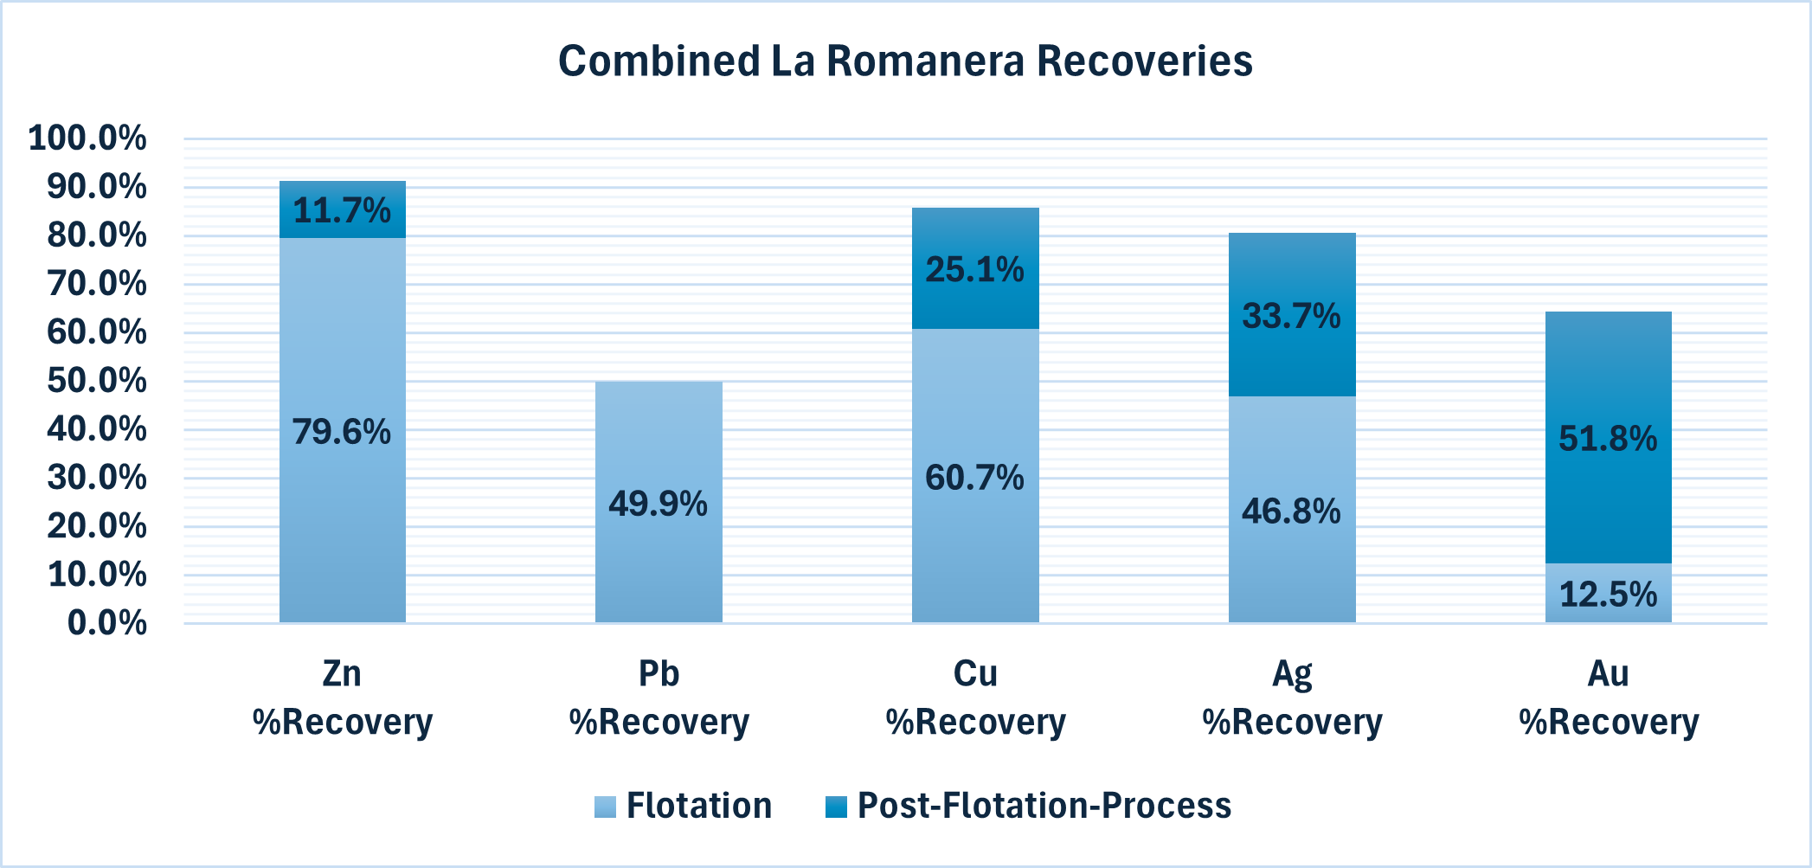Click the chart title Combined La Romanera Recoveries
point(905,61)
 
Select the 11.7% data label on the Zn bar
point(342,210)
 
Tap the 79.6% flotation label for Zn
point(342,431)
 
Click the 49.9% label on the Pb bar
point(658,504)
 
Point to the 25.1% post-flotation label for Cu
point(974,270)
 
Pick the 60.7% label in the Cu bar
point(974,478)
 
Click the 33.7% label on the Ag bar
point(1291,316)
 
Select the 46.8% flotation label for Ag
point(1291,511)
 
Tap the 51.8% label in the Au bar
point(1608,439)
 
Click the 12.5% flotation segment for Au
point(1608,595)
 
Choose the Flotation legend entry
point(684,806)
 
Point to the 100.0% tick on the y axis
point(87,138)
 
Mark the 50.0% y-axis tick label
point(96,381)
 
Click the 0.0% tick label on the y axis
point(106,623)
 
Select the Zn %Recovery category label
point(342,698)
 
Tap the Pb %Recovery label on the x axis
point(659,698)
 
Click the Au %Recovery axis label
point(1609,698)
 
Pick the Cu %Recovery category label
point(975,698)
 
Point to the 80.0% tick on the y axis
point(96,235)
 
